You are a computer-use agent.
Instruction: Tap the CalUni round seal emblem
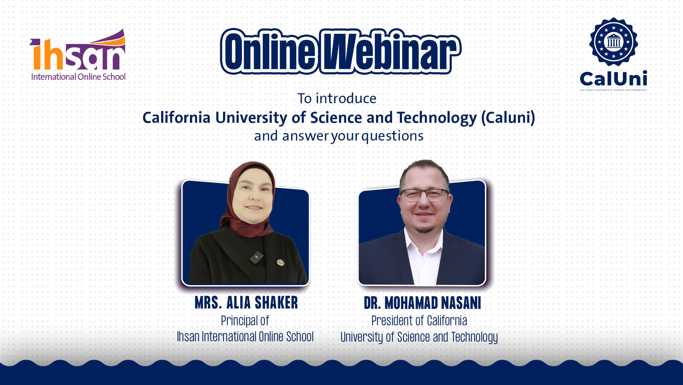pyautogui.click(x=613, y=42)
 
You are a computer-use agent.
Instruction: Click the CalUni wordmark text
pyautogui.click(x=613, y=79)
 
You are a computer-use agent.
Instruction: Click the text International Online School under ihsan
pyautogui.click(x=78, y=77)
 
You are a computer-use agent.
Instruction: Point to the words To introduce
pyautogui.click(x=337, y=99)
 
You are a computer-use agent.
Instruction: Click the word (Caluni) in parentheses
pyautogui.click(x=508, y=117)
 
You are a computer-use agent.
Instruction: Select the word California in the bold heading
pyautogui.click(x=176, y=117)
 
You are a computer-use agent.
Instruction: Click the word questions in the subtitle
pyautogui.click(x=392, y=136)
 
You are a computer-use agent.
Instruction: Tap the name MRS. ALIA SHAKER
pyautogui.click(x=246, y=303)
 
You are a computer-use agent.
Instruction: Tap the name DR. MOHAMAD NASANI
pyautogui.click(x=422, y=303)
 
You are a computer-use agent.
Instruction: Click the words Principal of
pyautogui.click(x=245, y=321)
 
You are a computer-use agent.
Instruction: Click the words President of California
pyautogui.click(x=419, y=321)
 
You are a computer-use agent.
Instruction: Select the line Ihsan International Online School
pyautogui.click(x=245, y=337)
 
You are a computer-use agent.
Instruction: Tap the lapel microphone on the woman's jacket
pyautogui.click(x=256, y=257)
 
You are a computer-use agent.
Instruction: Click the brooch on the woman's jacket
pyautogui.click(x=280, y=263)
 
